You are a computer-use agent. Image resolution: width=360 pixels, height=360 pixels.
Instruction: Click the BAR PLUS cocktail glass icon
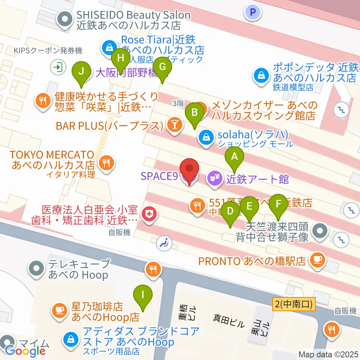174,125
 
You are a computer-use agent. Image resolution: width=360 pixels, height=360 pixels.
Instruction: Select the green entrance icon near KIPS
58,67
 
